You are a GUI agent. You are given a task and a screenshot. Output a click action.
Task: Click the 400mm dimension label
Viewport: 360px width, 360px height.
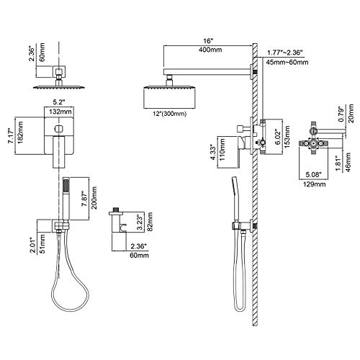210,50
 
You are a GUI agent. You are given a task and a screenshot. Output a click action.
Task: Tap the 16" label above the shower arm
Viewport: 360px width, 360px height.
208,41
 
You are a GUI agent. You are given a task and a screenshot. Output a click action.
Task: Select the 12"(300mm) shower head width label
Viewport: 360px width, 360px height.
170,114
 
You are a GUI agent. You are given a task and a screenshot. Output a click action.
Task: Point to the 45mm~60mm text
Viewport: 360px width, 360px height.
287,62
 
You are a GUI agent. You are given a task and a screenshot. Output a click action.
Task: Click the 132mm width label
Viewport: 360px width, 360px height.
60,112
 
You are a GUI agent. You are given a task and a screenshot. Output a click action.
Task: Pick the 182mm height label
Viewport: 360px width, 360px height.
20,132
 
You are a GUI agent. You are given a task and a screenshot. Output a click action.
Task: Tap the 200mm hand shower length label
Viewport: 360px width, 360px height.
94,198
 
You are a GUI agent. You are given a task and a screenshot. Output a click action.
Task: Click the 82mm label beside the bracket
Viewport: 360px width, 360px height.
150,222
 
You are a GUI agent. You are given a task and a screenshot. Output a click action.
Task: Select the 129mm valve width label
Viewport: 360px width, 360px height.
314,184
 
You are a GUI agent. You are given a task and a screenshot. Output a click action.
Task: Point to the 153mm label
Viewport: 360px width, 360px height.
287,136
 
